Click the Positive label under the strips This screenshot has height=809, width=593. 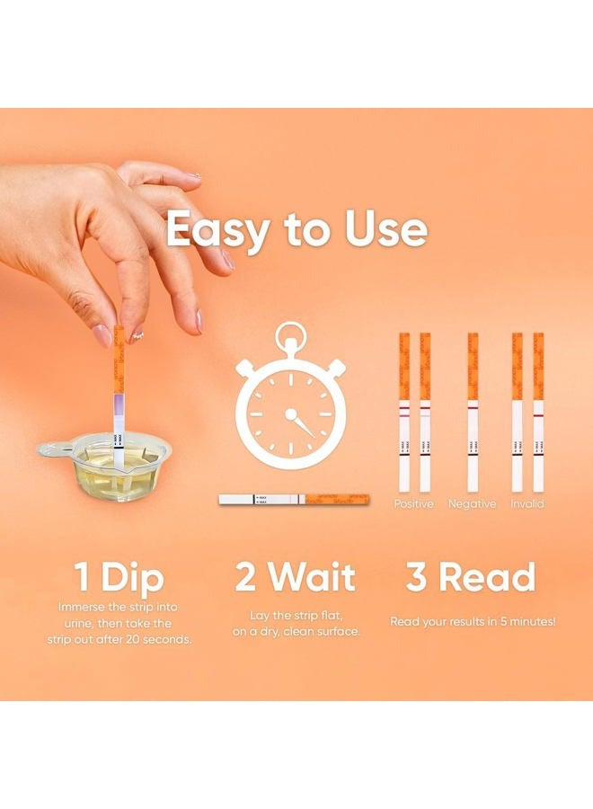(x=413, y=504)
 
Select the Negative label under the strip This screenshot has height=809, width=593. (x=472, y=504)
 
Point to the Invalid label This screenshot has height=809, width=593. (x=527, y=504)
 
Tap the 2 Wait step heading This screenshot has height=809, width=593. (x=296, y=577)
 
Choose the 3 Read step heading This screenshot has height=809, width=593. (x=471, y=577)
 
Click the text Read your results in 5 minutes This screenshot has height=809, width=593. (x=473, y=621)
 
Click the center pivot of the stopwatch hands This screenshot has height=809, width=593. (x=290, y=415)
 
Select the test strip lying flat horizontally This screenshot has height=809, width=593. (x=294, y=498)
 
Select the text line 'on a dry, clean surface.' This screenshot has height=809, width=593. (x=296, y=632)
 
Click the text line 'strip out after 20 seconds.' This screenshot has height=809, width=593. (x=120, y=639)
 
